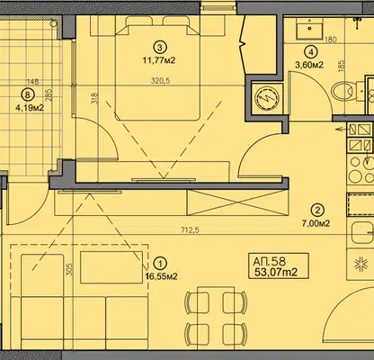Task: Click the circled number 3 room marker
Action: click(159, 47)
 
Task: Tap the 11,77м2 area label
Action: click(159, 61)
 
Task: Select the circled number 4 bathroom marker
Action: click(311, 52)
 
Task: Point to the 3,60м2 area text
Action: click(309, 65)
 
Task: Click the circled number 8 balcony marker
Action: click(27, 95)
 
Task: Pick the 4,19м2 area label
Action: click(30, 108)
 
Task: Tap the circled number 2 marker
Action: click(317, 210)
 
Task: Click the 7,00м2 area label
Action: click(316, 223)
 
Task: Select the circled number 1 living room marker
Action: click(161, 264)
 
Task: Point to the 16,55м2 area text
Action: click(161, 276)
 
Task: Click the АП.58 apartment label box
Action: click(279, 266)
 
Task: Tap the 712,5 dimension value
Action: click(190, 230)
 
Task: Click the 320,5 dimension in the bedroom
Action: click(161, 81)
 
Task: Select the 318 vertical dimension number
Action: click(94, 98)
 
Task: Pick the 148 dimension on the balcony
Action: click(32, 82)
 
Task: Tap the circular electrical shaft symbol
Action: click(263, 98)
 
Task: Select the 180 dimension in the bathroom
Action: click(331, 40)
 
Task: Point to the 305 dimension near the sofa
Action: click(69, 270)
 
